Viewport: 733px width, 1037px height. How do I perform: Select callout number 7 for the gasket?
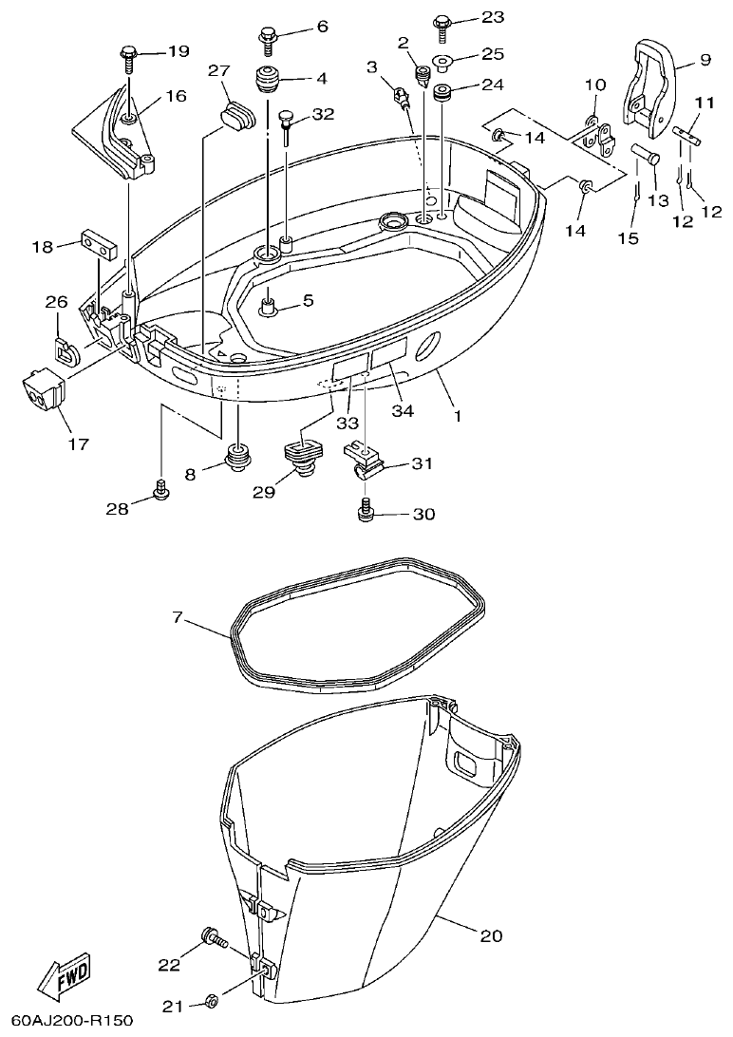tap(177, 618)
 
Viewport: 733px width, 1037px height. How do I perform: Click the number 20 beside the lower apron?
tap(490, 935)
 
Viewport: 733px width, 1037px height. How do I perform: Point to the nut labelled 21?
tap(212, 1000)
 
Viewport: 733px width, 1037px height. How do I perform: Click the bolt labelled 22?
tap(212, 940)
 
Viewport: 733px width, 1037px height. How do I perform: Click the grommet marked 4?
tap(267, 80)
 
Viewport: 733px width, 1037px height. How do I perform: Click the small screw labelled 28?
tap(161, 491)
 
